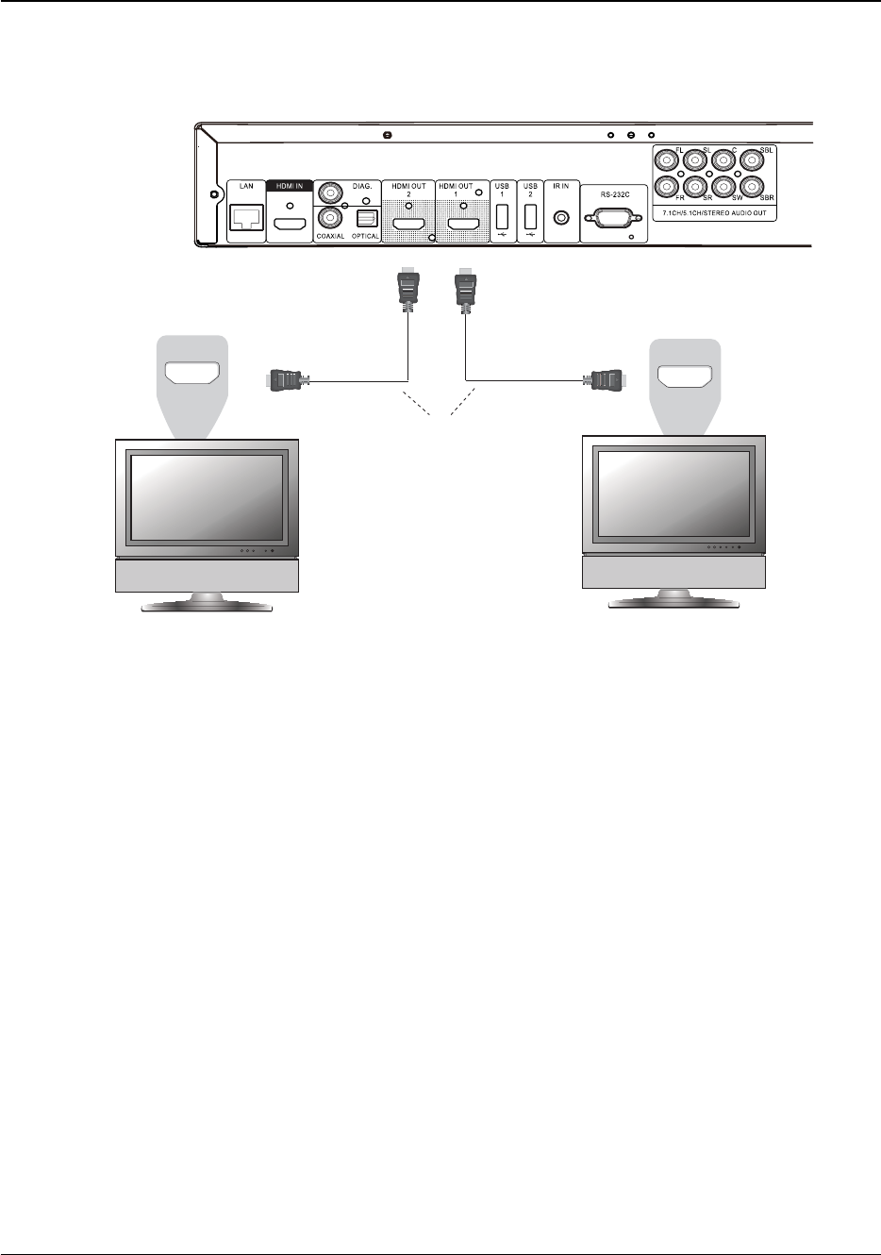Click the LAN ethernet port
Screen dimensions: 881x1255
tap(247, 220)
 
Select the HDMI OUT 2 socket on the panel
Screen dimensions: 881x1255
tap(408, 226)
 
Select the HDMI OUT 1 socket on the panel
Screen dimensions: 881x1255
tap(461, 226)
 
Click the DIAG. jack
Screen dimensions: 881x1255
tap(331, 192)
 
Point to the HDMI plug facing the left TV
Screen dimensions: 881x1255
tap(285, 381)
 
